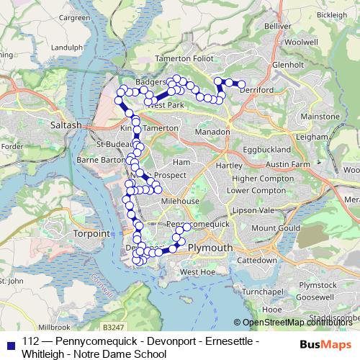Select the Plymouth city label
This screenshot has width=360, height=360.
210,248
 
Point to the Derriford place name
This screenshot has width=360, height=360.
258,90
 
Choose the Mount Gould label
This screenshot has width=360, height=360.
274,228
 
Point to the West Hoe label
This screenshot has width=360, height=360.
198,271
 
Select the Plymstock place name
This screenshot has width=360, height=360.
316,285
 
